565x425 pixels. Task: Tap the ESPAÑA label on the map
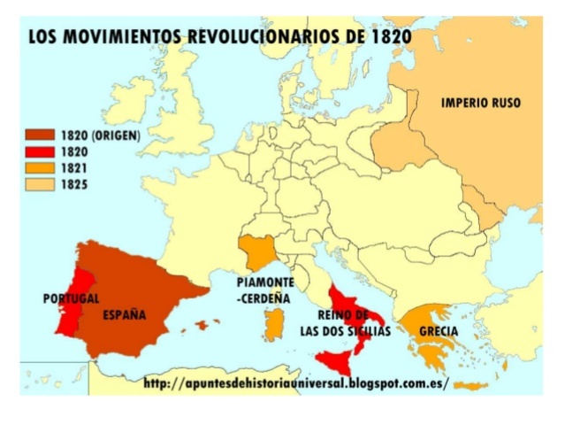click(125, 314)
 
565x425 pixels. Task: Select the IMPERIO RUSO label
click(480, 104)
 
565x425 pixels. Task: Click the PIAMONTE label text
click(265, 282)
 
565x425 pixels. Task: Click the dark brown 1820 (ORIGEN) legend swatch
click(40, 135)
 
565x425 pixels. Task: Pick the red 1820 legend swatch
click(40, 151)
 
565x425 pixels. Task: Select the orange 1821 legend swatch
click(40, 168)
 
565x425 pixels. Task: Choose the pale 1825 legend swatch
click(40, 184)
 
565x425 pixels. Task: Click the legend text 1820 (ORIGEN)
click(101, 135)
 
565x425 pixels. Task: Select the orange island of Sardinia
click(275, 325)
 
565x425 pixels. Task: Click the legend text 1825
click(74, 184)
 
